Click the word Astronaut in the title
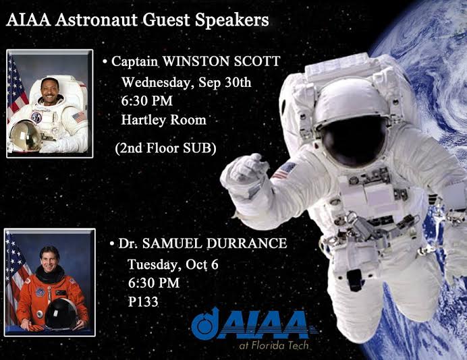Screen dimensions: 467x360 tap(96, 20)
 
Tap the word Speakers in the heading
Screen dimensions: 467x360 tap(231, 21)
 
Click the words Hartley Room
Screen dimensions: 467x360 tap(163, 120)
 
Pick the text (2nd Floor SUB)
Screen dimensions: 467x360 tap(165, 148)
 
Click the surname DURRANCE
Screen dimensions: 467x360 tap(246, 243)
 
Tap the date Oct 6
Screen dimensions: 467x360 tap(202, 264)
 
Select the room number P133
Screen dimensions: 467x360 tap(143, 302)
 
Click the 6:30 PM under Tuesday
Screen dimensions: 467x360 tap(154, 283)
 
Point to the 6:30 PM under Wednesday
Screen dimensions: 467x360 tap(147, 101)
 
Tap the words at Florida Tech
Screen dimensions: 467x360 tap(274, 345)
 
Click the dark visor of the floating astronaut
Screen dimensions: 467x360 tap(354, 140)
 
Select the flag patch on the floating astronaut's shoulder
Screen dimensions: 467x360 tap(283, 170)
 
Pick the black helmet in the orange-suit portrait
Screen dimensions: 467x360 tap(61, 313)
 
